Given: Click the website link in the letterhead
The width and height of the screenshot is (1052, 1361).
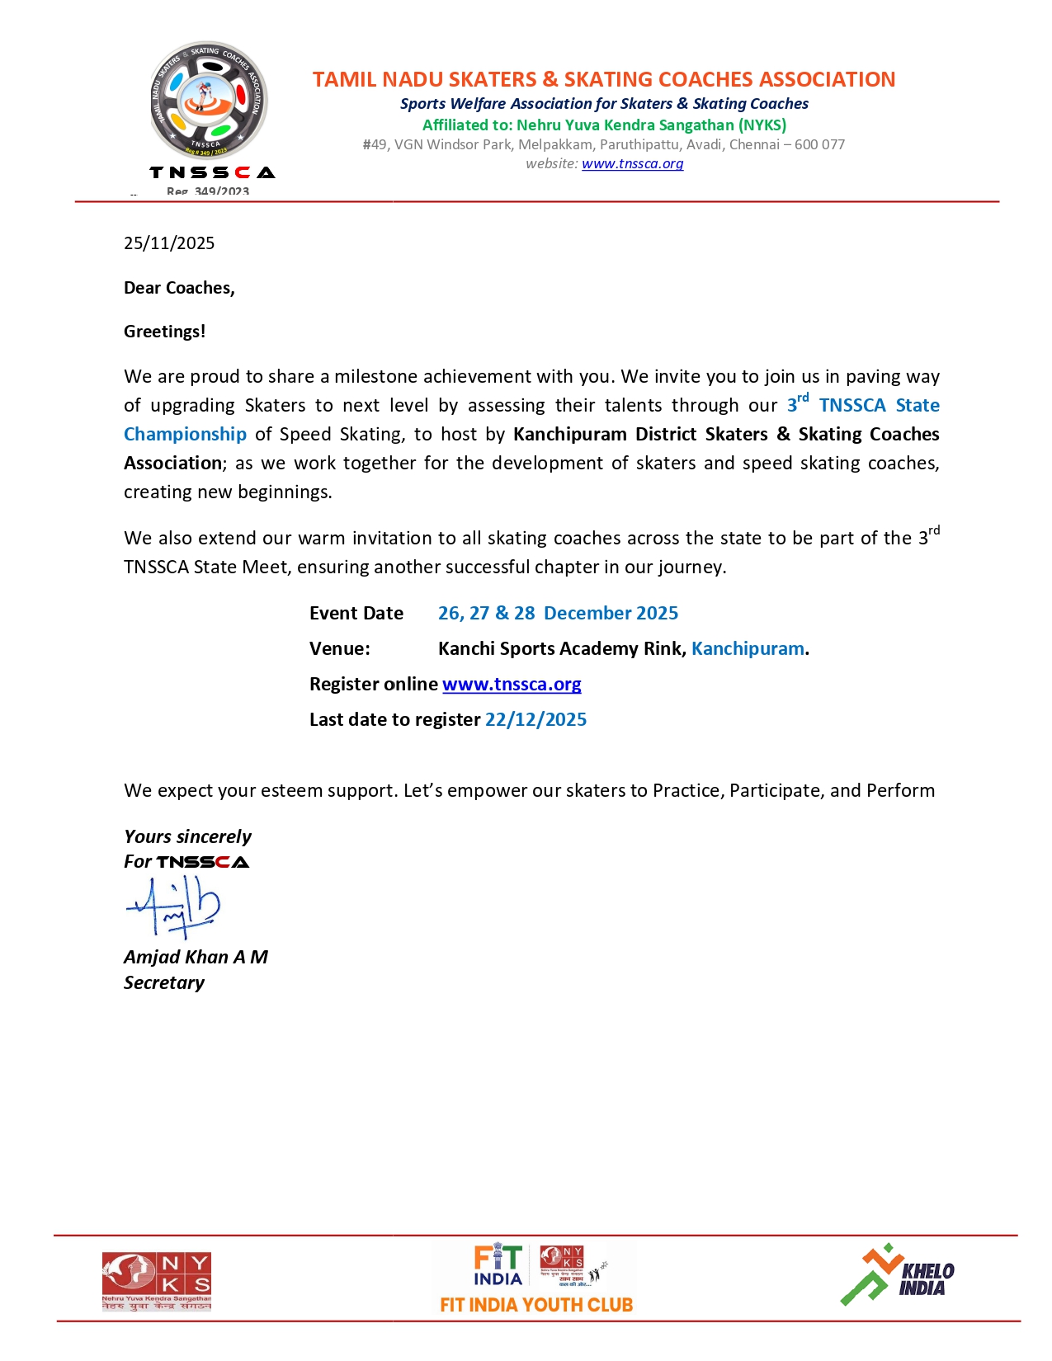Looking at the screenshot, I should pos(632,163).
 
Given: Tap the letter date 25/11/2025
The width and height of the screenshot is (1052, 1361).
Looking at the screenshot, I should pos(169,243).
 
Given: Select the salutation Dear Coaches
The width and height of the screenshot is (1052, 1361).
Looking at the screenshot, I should pos(179,288).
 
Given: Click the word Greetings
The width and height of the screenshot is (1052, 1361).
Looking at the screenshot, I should pos(164,332).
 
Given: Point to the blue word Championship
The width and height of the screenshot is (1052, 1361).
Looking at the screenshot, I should pos(185,434).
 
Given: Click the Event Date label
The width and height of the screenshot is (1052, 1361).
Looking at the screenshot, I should pos(356,613).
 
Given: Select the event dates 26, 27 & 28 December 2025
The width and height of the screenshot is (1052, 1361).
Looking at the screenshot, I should pos(558,613).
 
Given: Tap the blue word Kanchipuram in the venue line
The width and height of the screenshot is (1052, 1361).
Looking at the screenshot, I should pos(748,648).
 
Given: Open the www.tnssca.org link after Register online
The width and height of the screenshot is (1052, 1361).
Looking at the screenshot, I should pos(512,684).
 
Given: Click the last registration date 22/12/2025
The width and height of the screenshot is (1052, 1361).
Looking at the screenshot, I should pos(535,719).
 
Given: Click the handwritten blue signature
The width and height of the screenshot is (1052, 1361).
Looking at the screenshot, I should pos(173,907).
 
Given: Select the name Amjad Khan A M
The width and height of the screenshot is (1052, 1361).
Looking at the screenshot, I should pos(196,957).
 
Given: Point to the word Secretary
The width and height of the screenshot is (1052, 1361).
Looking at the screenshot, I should pos(164,982).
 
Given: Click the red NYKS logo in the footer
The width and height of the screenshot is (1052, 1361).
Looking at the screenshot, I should pos(156,1281).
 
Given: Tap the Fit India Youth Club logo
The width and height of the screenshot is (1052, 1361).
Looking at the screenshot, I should pos(536,1279).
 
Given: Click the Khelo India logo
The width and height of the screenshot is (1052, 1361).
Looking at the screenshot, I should pos(897,1276).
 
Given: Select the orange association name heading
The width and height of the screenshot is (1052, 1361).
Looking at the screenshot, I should pos(603,79).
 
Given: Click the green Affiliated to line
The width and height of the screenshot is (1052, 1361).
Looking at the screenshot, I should pos(604,125).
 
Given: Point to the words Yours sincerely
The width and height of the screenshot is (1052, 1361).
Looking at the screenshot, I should pos(187,836).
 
